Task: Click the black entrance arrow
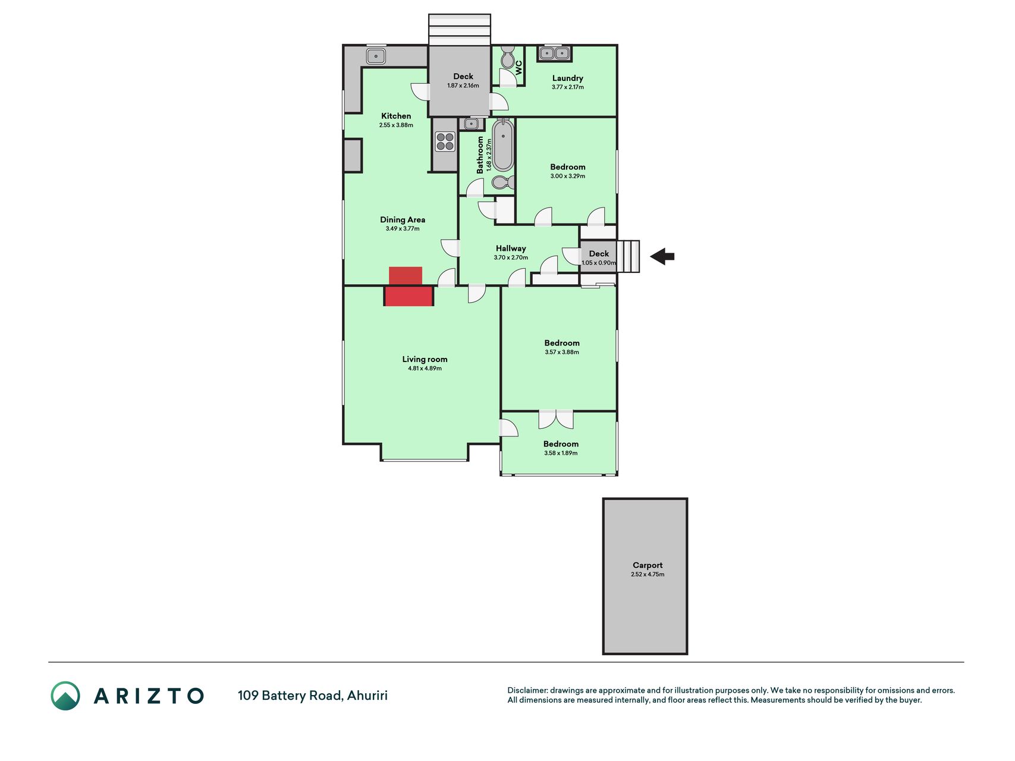click(x=662, y=257)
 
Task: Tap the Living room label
click(x=425, y=359)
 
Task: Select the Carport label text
click(x=648, y=565)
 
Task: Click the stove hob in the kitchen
click(x=445, y=142)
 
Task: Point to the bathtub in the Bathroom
click(x=503, y=144)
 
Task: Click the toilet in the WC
click(x=508, y=58)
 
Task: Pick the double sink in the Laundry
click(x=554, y=54)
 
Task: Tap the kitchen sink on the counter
click(x=376, y=56)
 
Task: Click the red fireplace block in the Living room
click(x=408, y=296)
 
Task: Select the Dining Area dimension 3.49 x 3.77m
click(x=403, y=229)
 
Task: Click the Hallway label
click(x=511, y=249)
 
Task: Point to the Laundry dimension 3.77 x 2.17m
click(x=568, y=87)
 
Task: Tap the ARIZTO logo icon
click(x=65, y=696)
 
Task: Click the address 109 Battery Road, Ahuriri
click(x=313, y=696)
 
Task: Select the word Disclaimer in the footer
click(x=527, y=690)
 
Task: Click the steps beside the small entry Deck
click(x=628, y=256)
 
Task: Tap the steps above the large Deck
click(x=460, y=30)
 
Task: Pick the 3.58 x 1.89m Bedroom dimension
click(x=561, y=453)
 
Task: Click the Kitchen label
click(x=396, y=116)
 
